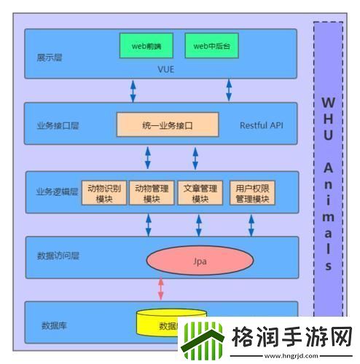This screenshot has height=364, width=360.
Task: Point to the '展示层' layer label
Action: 50,57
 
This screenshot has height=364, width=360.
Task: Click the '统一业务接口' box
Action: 167,125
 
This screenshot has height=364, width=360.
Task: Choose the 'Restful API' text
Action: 262,125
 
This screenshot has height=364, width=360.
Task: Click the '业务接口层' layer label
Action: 57,125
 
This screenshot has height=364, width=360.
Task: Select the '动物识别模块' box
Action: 105,193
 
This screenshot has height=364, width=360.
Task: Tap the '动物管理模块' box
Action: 152,193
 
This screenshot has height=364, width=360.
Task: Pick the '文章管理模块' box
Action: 200,193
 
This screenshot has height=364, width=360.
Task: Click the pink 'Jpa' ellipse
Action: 195,259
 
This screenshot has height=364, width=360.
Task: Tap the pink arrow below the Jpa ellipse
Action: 161,288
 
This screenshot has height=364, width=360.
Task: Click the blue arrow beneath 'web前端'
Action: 133,90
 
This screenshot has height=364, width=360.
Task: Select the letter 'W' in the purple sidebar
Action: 328,102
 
